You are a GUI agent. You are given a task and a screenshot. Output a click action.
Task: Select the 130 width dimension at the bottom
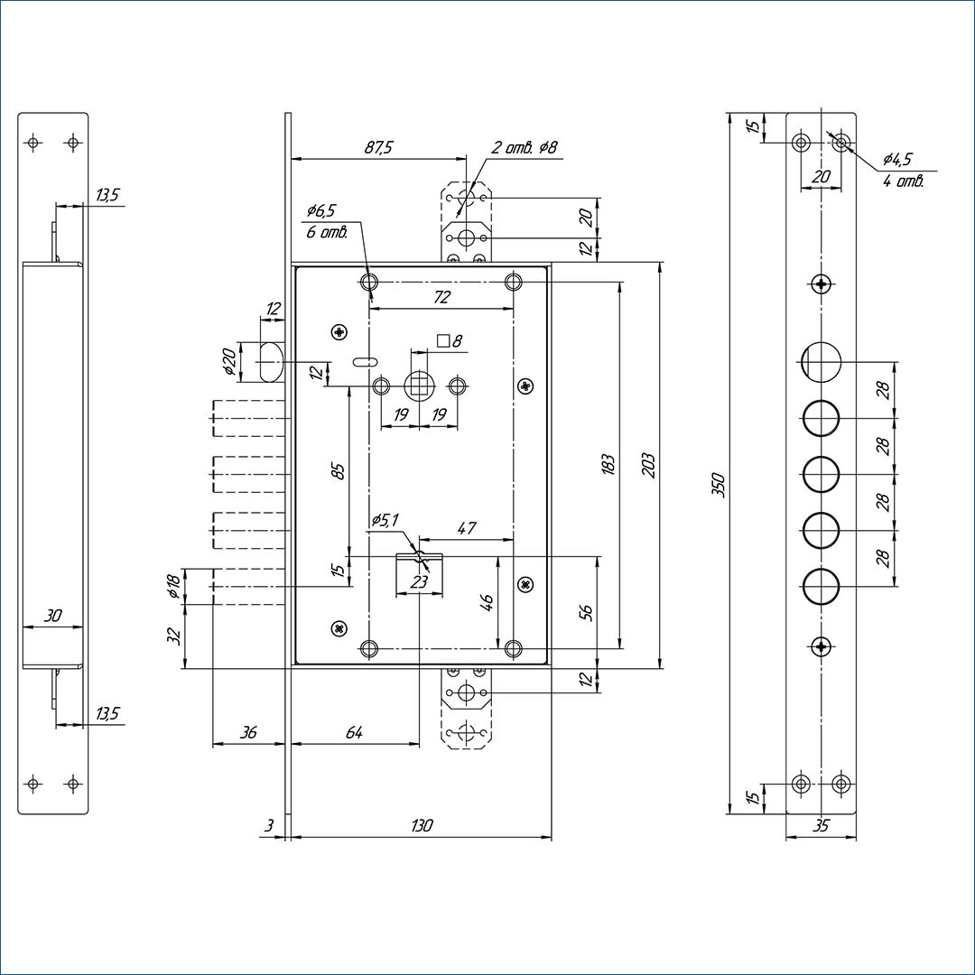[x=422, y=825]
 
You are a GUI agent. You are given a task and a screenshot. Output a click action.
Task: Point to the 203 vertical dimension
[x=647, y=465]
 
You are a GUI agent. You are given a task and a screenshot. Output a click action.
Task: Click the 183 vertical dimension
[x=608, y=465]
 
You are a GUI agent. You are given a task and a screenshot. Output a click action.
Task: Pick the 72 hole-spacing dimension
[x=441, y=297]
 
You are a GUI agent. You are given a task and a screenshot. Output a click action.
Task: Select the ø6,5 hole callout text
[x=320, y=211]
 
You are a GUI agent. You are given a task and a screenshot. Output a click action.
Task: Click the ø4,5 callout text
[x=897, y=159]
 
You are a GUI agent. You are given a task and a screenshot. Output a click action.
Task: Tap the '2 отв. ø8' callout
[x=525, y=148]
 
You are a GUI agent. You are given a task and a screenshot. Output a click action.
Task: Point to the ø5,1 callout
[x=385, y=520]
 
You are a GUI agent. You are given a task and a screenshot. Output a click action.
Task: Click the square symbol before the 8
[x=442, y=340]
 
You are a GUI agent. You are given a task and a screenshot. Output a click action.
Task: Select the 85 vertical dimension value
[x=338, y=470]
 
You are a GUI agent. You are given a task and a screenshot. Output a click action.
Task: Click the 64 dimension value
[x=354, y=733]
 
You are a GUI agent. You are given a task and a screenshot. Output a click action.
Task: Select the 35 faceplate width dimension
[x=821, y=825]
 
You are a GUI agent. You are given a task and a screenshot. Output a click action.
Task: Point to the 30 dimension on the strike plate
[x=52, y=616]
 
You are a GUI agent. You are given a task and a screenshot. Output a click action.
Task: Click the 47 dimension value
[x=467, y=528]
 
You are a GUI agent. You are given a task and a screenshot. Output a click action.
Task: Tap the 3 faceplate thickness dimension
[x=268, y=825]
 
